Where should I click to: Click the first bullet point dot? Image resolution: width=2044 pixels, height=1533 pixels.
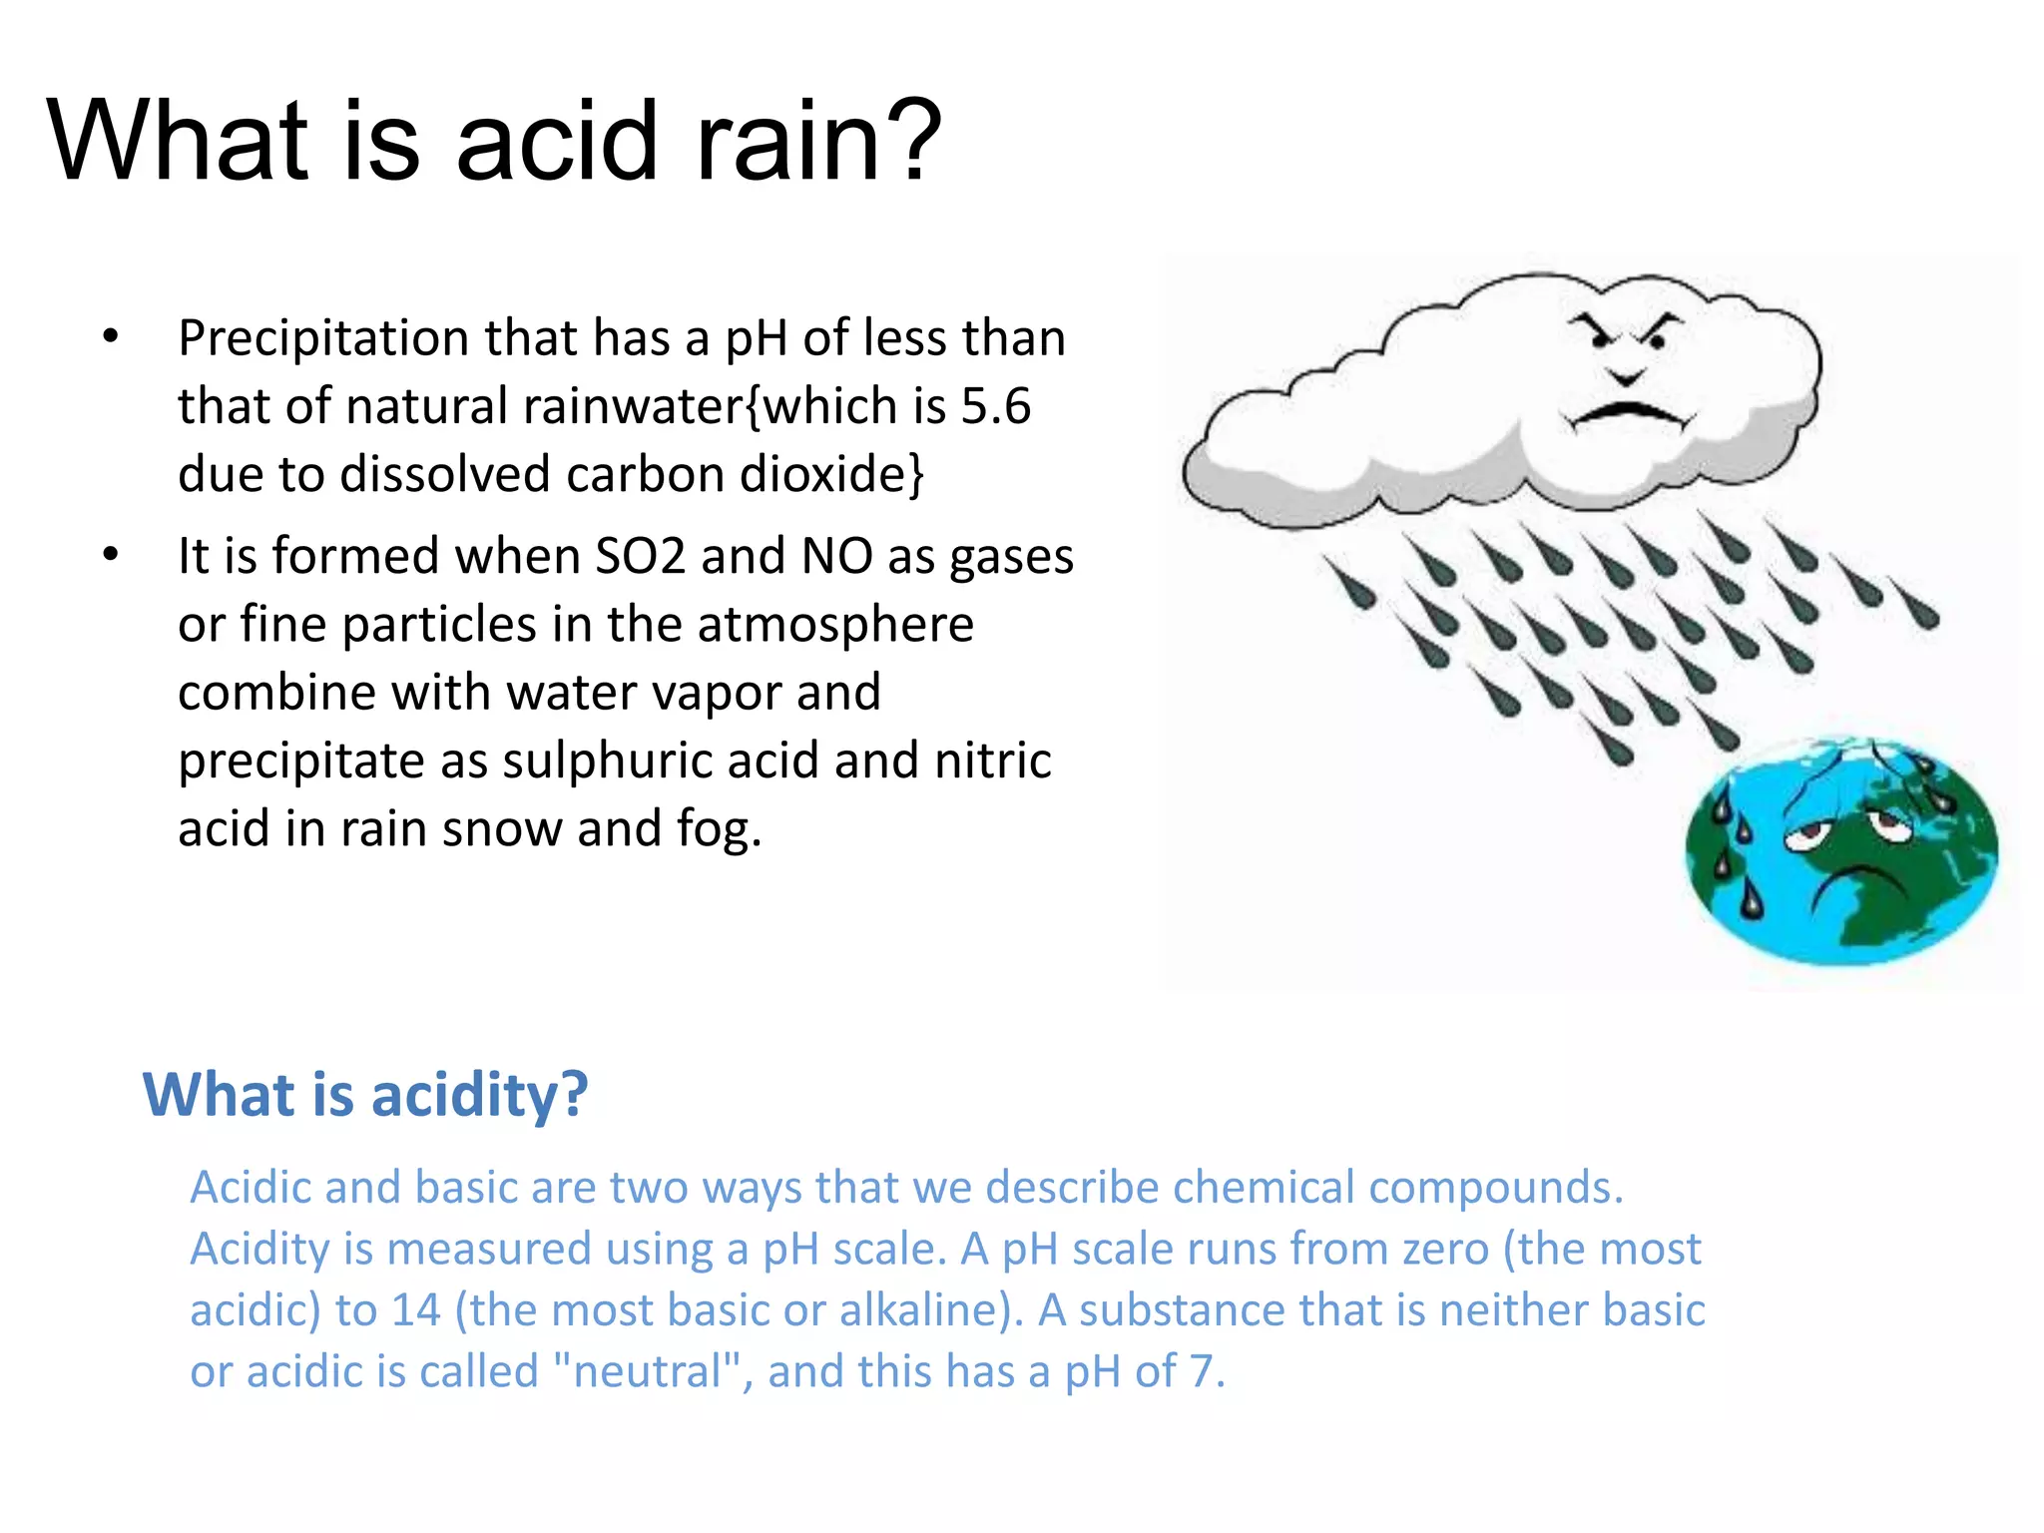[x=111, y=336]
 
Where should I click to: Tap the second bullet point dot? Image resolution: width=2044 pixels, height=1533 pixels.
[x=111, y=554]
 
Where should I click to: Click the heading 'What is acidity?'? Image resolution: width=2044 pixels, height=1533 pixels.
[x=365, y=1094]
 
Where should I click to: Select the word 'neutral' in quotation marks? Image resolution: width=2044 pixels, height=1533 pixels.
[x=647, y=1371]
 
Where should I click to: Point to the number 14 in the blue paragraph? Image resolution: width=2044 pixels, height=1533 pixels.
[x=415, y=1310]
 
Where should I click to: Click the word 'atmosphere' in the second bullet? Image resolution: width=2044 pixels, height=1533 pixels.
[x=834, y=625]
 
